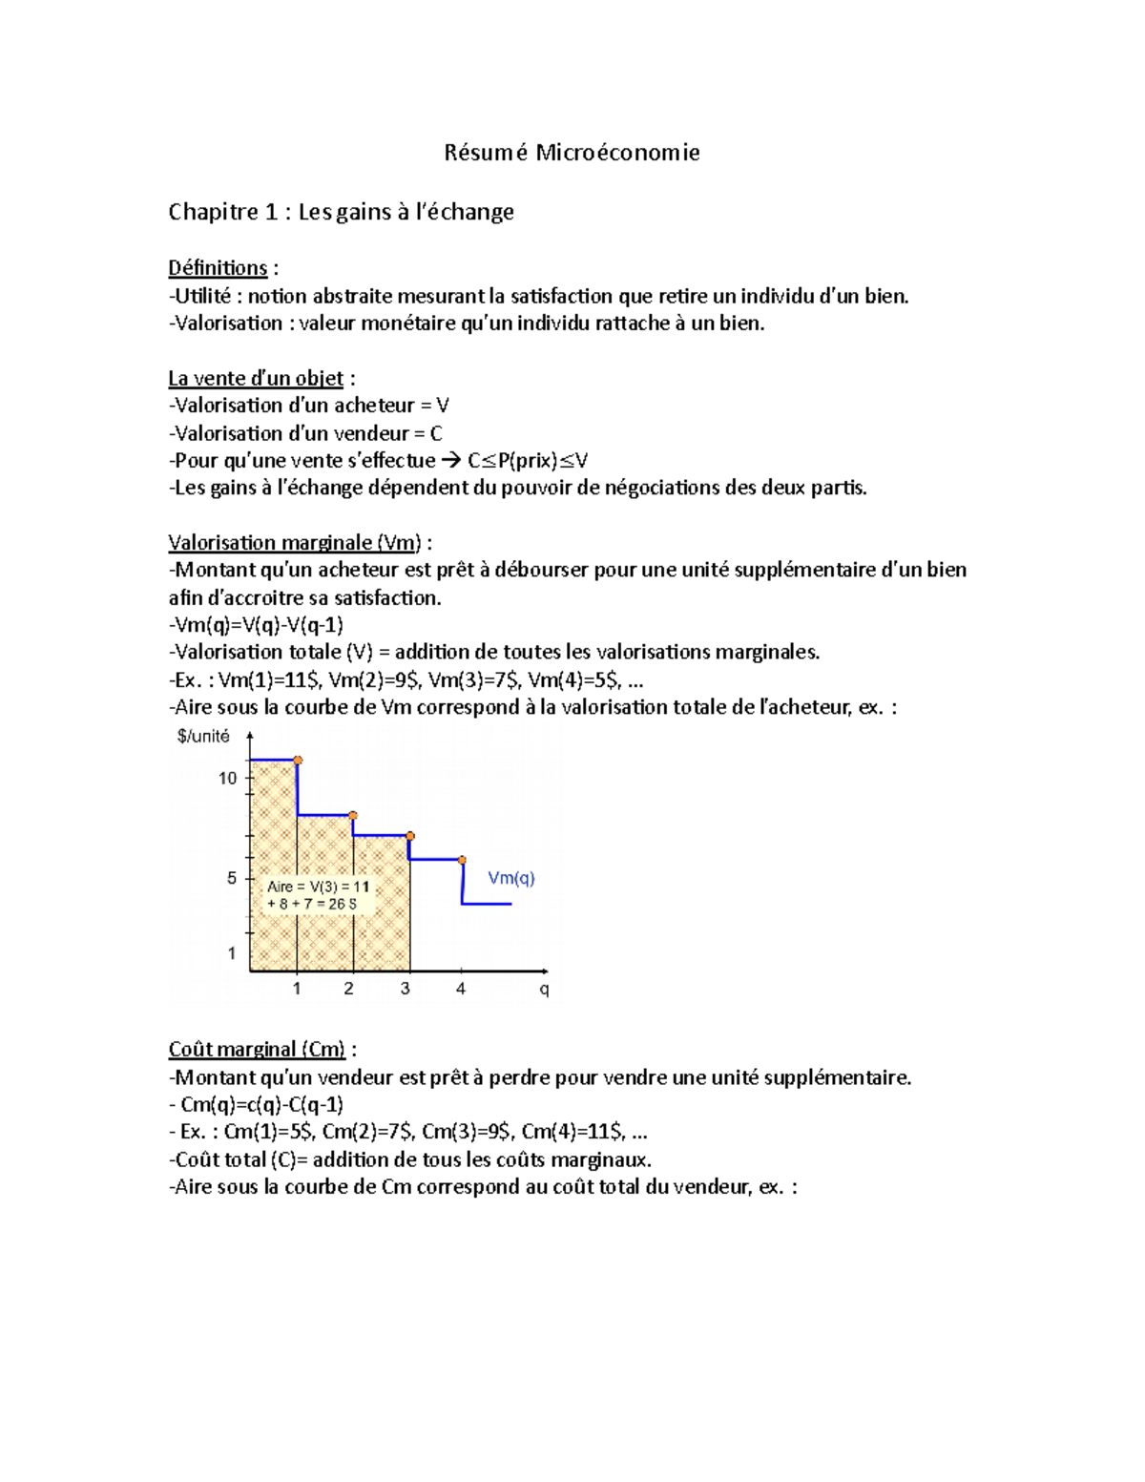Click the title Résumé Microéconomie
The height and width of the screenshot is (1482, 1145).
coord(572,153)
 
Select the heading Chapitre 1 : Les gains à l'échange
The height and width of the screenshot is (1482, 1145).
coord(341,212)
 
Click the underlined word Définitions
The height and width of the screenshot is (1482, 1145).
coord(218,268)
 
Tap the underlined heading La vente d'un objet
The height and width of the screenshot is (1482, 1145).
coord(256,379)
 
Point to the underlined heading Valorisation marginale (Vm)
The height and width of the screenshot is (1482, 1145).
coord(295,543)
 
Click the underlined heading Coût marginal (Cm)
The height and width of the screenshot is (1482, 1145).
coord(257,1050)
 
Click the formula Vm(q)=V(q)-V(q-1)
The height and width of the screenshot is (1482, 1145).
coord(259,625)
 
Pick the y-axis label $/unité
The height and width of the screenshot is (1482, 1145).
coord(203,736)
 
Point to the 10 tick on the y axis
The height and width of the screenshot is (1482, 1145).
coord(227,778)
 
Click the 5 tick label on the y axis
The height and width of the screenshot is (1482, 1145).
coord(231,877)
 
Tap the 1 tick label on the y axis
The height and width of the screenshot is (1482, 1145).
coord(231,952)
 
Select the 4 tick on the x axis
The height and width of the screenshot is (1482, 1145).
coord(461,989)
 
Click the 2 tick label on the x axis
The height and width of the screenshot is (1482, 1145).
coord(348,989)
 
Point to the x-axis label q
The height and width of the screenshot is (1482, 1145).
coord(544,990)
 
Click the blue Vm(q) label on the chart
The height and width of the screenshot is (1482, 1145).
coord(511,878)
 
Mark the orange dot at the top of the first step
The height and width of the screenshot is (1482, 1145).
coord(298,761)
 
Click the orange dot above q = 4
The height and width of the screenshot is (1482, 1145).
coord(463,860)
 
